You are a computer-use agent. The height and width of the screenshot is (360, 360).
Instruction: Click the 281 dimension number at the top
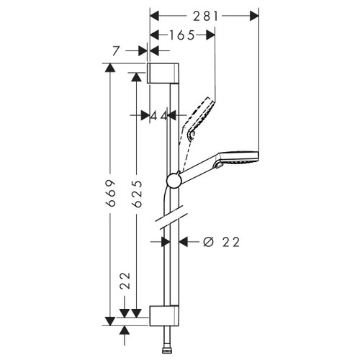(x=203, y=14)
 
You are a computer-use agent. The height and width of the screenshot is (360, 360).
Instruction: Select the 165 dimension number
(x=181, y=35)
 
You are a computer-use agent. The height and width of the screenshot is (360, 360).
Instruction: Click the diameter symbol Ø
(x=208, y=242)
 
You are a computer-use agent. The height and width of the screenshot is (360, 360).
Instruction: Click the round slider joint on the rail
(x=174, y=179)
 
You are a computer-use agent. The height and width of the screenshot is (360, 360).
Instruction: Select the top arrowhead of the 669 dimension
(x=110, y=68)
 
